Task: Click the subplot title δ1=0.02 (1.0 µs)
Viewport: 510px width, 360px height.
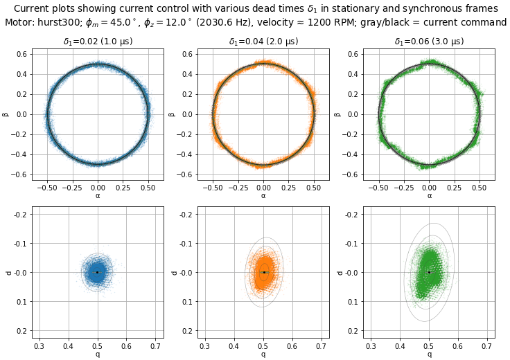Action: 98,42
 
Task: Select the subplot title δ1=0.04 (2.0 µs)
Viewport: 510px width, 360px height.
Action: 263,42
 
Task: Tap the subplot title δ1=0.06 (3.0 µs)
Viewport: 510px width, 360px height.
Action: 429,42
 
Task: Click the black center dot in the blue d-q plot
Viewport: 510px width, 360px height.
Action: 98,272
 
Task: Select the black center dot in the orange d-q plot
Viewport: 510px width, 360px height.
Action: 263,272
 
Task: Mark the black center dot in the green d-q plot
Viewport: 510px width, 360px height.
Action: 430,272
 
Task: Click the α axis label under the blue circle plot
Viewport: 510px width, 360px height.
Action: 98,196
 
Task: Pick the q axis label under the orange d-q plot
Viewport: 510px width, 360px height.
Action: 263,354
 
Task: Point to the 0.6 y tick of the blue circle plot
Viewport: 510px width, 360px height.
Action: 22,54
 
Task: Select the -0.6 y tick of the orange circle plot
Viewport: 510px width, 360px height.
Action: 186,174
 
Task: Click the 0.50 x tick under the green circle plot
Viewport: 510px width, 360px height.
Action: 480,188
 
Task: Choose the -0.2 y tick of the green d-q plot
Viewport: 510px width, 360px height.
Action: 352,214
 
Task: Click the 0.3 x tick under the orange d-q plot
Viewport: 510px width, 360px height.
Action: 205,345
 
